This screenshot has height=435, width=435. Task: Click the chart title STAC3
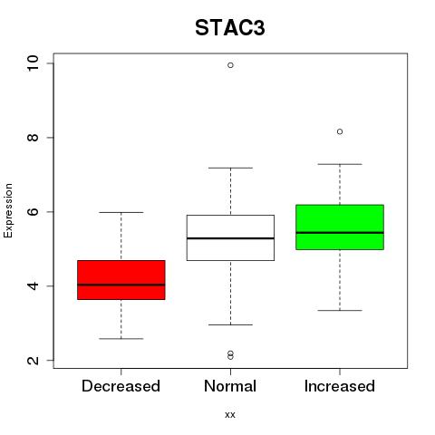point(230,28)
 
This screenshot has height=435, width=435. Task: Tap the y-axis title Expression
point(8,210)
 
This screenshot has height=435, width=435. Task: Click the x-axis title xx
point(230,414)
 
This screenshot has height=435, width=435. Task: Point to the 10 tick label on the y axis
point(33,63)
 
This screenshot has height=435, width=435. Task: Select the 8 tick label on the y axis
point(33,138)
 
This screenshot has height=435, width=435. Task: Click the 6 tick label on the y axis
point(33,211)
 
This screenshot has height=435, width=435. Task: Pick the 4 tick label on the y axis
point(33,285)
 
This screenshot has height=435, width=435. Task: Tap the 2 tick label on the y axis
point(33,360)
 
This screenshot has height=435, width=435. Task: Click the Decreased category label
point(121,386)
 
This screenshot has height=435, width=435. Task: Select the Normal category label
point(230,386)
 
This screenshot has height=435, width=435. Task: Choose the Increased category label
point(340,386)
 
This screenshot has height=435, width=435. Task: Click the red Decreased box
point(121,280)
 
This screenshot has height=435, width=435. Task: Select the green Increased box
point(340,227)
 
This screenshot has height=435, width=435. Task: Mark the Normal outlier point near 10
point(230,65)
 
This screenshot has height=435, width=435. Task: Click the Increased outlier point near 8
point(340,131)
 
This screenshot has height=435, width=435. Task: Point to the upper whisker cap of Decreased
point(121,212)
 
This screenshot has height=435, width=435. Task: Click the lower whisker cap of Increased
point(340,310)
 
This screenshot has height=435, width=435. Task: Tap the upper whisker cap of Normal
point(230,168)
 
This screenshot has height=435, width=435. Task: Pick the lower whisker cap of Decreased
point(121,339)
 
